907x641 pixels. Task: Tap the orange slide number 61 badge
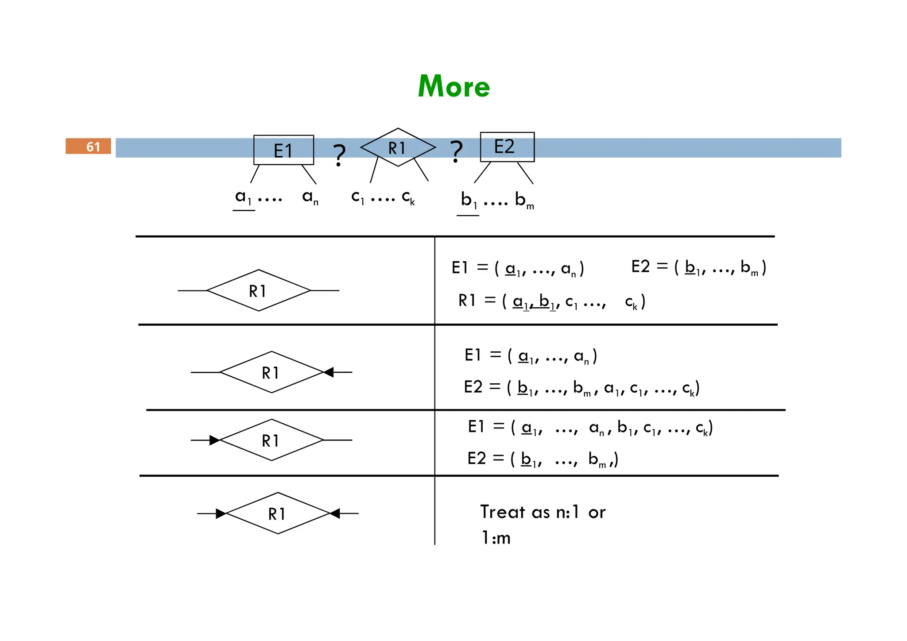click(x=88, y=146)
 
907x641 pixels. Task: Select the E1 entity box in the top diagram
click(x=283, y=150)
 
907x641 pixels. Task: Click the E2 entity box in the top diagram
click(x=507, y=147)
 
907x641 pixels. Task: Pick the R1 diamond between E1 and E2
click(x=398, y=147)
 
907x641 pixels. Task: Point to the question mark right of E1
click(x=339, y=155)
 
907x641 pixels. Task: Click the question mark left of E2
click(x=456, y=152)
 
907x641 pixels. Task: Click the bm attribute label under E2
click(x=524, y=201)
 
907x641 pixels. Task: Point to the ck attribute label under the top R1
click(x=408, y=197)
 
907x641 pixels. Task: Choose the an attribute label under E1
click(x=310, y=197)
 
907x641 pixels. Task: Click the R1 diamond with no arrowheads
click(x=259, y=290)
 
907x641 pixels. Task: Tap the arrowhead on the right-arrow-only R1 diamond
click(x=328, y=372)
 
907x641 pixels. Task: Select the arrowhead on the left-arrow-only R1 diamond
click(x=214, y=440)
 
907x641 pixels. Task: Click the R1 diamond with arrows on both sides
click(x=278, y=513)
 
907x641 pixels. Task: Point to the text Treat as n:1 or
click(x=543, y=512)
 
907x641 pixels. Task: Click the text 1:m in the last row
click(x=496, y=538)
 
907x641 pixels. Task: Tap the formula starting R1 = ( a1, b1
click(x=551, y=301)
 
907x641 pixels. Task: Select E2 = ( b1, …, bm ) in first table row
click(x=698, y=267)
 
